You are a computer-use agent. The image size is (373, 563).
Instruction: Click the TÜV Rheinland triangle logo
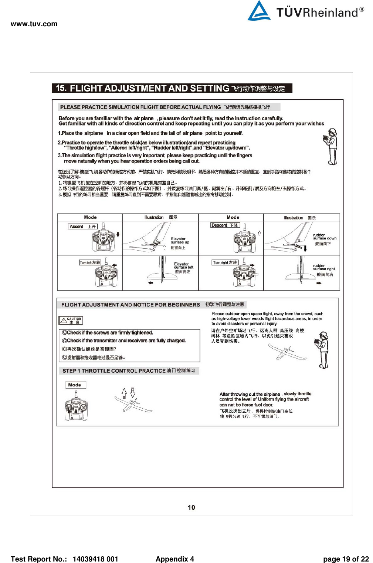click(259, 11)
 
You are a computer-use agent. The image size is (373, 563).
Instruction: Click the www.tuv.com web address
click(34, 24)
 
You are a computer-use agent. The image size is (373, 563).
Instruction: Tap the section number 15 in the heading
click(61, 88)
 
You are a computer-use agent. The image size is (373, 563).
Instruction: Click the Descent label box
click(225, 225)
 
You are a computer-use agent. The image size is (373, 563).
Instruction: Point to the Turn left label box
click(90, 262)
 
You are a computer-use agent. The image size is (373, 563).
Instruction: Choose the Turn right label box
click(225, 262)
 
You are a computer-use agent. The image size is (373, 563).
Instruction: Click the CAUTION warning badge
click(71, 321)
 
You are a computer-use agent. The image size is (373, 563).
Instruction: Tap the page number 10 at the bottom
click(191, 507)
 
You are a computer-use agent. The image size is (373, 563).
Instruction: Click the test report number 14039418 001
click(95, 559)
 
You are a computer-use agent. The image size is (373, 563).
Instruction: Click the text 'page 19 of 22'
click(346, 559)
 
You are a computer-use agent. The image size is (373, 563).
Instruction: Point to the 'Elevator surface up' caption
click(180, 241)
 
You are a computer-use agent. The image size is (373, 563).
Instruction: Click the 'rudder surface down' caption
click(325, 237)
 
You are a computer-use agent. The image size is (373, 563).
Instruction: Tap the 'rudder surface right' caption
click(324, 268)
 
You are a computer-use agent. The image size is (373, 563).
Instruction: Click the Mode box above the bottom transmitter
click(75, 385)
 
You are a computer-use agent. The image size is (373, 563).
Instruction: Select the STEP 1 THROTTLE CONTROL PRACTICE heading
click(129, 371)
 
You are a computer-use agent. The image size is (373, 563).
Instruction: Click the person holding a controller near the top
click(331, 147)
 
